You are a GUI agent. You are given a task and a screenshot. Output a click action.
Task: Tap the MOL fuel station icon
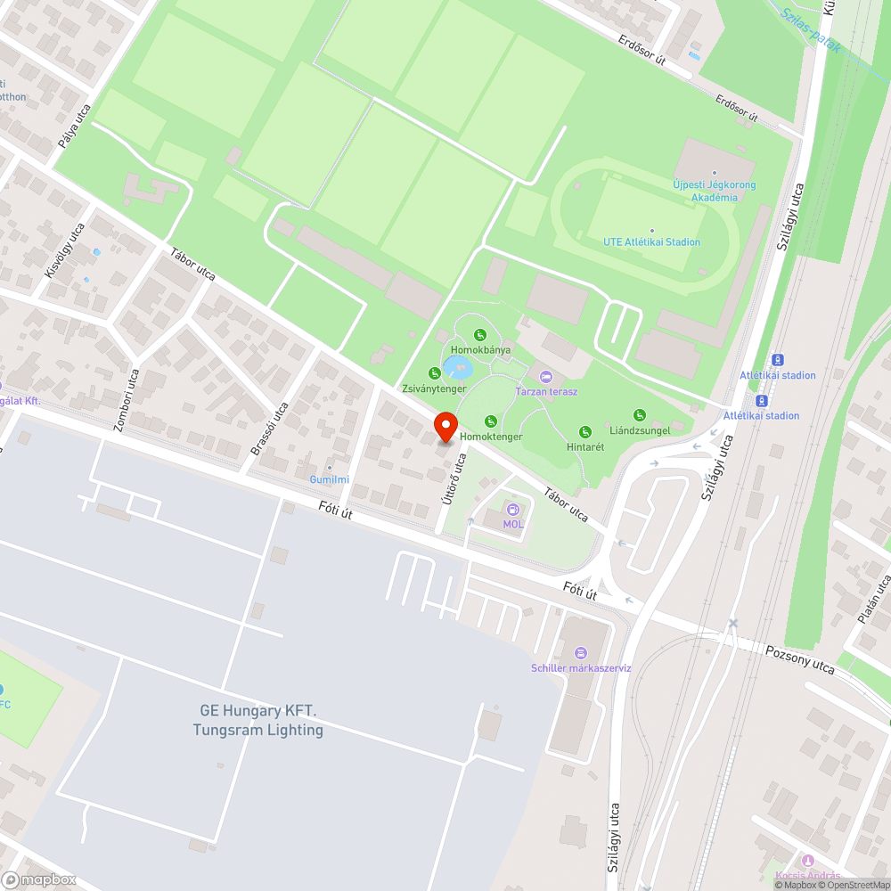click(x=512, y=509)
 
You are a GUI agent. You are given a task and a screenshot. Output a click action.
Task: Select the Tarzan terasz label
click(x=546, y=391)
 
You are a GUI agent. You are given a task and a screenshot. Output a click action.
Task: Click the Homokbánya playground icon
click(x=479, y=335)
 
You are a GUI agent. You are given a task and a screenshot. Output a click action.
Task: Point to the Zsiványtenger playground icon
click(x=434, y=373)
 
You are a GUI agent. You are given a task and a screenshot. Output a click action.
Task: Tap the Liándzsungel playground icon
click(x=639, y=414)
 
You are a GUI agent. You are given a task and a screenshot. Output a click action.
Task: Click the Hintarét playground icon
click(x=585, y=432)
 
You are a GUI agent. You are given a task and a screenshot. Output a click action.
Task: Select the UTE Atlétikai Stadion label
click(x=651, y=241)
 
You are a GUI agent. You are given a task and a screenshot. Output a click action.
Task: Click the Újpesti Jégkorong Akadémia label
click(x=714, y=191)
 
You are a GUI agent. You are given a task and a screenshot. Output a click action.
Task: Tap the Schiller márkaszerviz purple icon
click(x=581, y=653)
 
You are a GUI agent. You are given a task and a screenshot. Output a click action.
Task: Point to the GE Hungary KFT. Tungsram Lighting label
click(x=257, y=721)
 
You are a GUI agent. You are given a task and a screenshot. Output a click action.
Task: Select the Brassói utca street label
click(x=270, y=429)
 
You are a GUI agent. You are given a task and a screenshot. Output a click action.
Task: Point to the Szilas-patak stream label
click(x=810, y=30)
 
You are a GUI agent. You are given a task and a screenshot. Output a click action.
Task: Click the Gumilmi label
click(x=329, y=479)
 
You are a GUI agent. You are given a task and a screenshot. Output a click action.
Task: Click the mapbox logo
click(x=39, y=879)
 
